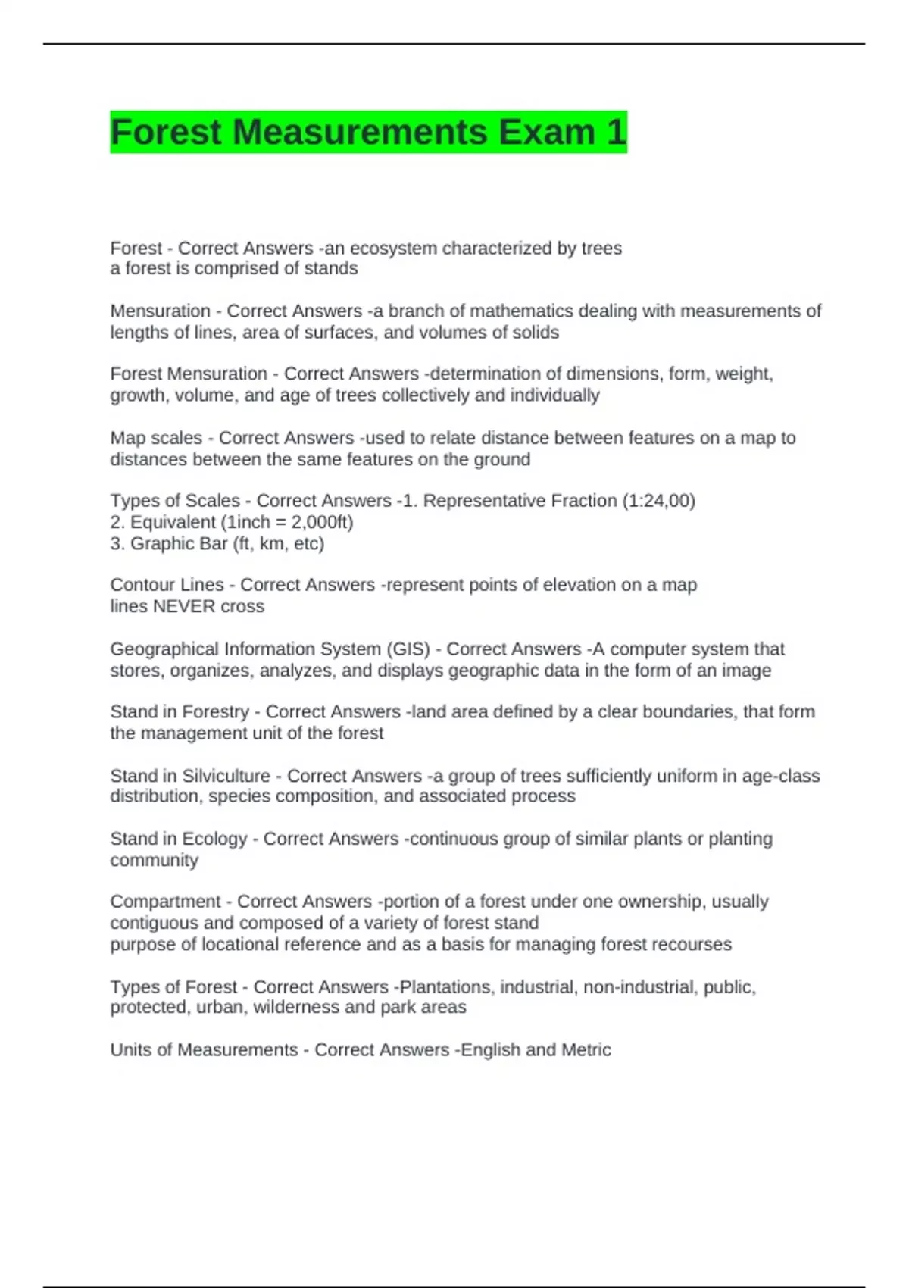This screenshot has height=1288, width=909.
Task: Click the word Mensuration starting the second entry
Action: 160,311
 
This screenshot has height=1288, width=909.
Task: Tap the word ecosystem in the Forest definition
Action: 393,248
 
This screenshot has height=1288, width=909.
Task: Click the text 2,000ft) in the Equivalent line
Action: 322,522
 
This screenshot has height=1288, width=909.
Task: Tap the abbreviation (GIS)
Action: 408,649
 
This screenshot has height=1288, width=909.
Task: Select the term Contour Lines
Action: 167,585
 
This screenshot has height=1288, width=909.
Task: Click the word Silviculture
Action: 226,776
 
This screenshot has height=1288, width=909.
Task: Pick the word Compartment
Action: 165,902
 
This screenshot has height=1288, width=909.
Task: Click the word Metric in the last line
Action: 586,1050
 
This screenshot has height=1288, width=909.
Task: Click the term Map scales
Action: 156,438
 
